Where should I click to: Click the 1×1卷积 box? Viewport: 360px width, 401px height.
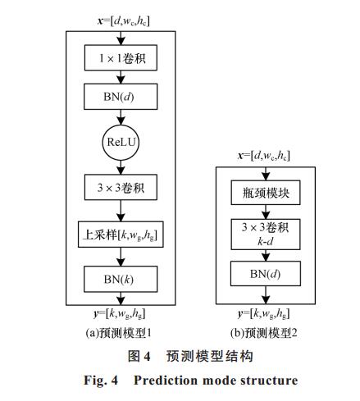coord(121,58)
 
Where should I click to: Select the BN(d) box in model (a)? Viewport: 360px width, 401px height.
coord(121,97)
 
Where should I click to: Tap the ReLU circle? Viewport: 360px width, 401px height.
coord(121,143)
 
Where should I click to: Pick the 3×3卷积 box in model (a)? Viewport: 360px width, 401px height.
coord(121,187)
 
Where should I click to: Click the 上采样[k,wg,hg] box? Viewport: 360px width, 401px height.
coord(121,235)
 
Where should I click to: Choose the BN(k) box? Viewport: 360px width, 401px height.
coord(121,279)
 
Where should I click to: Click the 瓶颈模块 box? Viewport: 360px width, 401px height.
coord(266,193)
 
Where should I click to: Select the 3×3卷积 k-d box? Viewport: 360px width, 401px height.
coord(266,235)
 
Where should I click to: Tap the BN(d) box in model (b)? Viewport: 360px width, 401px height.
coord(266,274)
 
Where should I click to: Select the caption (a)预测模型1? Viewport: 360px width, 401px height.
coord(118,333)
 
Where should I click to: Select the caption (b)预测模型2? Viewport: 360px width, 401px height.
coord(263,333)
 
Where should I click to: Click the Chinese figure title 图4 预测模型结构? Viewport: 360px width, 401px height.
coord(190,356)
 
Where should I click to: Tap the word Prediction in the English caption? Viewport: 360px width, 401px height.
coord(166,380)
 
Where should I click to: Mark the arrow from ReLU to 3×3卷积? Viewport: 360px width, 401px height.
coord(121,167)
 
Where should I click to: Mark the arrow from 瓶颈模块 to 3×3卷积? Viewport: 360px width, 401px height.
coord(266,212)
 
